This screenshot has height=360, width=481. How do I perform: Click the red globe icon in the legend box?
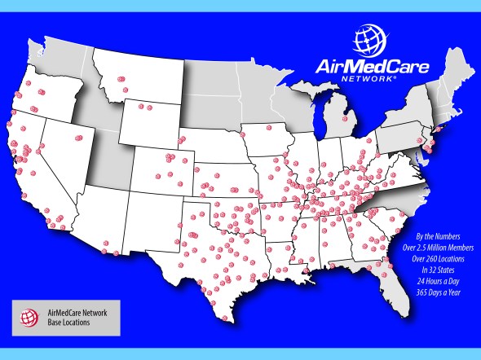tap(29, 316)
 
